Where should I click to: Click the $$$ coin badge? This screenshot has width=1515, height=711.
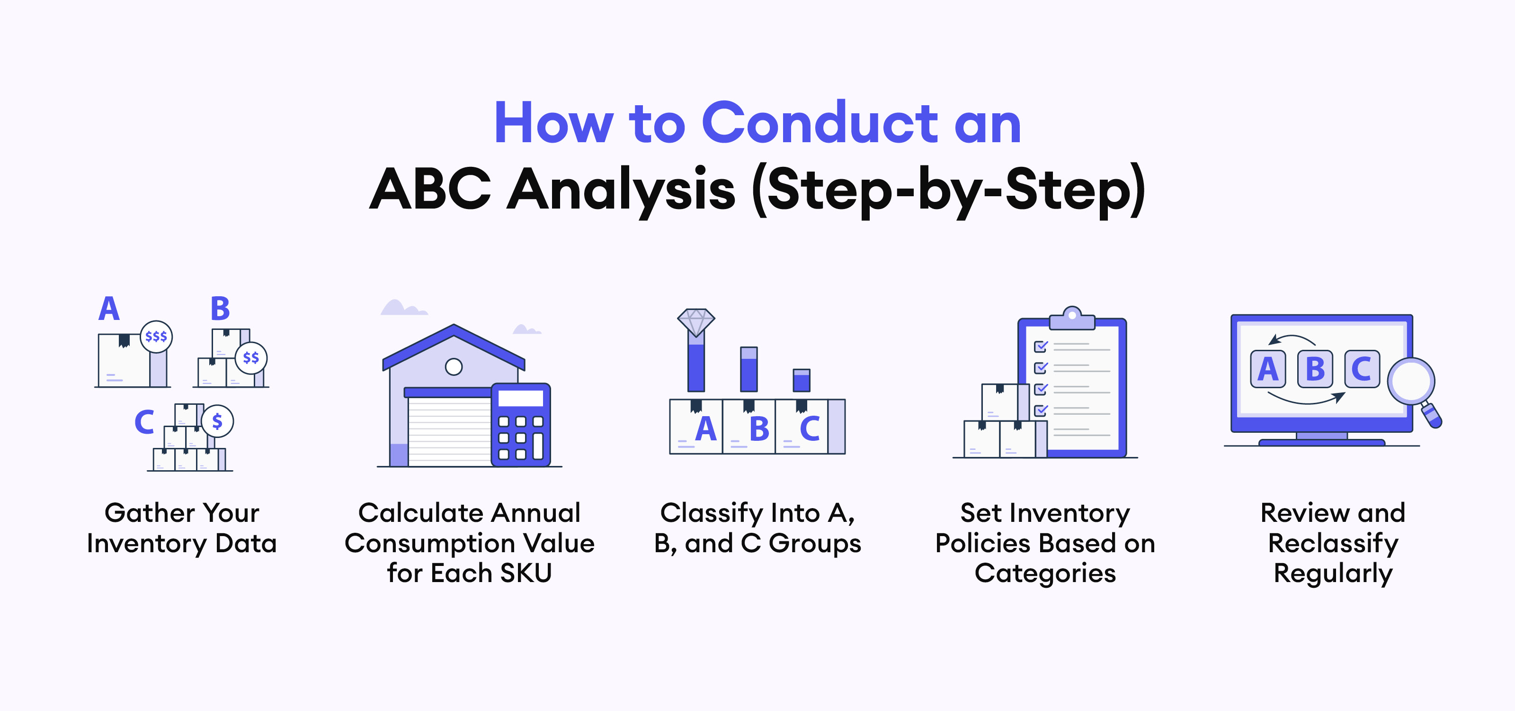tap(156, 336)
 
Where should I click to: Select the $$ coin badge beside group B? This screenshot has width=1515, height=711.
tap(251, 357)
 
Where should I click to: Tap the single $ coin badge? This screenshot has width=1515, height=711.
tap(217, 421)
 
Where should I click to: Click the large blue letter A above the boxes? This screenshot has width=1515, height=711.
tap(109, 309)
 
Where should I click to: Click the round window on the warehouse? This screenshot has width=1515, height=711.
tap(454, 367)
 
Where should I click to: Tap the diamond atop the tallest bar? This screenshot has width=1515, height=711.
tap(696, 322)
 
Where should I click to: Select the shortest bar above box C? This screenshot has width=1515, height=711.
tap(801, 380)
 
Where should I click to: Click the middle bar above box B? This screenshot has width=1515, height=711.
tap(749, 369)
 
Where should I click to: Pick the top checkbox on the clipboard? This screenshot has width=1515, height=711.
tap(1041, 346)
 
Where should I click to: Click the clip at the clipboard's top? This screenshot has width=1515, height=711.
tap(1072, 318)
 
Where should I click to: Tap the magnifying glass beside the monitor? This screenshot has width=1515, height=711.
tap(1414, 389)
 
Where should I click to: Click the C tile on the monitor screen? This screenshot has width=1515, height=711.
tap(1362, 369)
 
